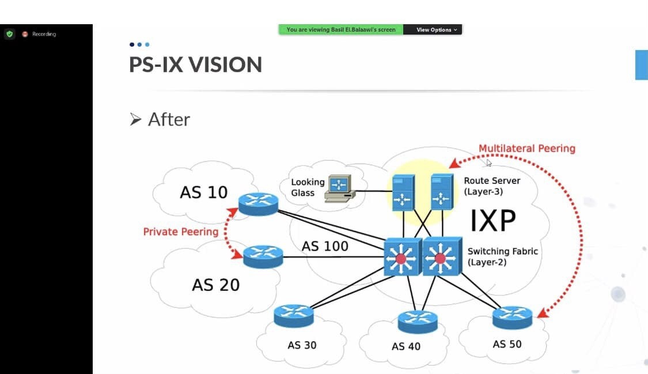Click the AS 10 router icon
tap(258, 203)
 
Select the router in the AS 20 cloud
tap(263, 256)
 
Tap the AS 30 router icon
tap(294, 316)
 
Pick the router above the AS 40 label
tap(418, 322)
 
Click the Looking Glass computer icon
tap(339, 187)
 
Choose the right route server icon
tap(441, 191)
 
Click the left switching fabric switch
tap(402, 256)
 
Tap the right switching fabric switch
tap(442, 256)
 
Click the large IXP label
tap(492, 221)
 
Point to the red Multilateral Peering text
tap(527, 149)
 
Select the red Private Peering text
tap(181, 232)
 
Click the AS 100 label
tap(325, 246)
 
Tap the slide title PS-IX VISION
tap(195, 65)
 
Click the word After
tap(169, 119)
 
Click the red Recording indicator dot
tap(25, 34)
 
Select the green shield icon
tap(9, 34)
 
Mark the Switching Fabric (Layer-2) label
tap(502, 256)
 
